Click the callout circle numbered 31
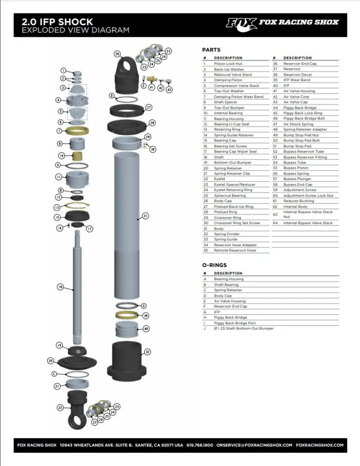(145, 216)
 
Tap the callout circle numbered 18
(60, 286)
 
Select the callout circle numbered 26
(117, 54)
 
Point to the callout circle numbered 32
(148, 352)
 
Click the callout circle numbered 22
(60, 407)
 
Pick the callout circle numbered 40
(146, 329)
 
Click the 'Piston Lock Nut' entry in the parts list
(228, 64)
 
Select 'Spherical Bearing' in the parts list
(229, 195)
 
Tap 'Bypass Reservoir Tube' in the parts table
(303, 152)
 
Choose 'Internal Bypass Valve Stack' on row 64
(308, 223)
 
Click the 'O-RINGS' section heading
(215, 265)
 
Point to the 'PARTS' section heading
(211, 50)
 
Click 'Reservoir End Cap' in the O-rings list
(230, 306)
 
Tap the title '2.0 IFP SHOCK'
(58, 22)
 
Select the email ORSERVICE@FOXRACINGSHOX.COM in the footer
(254, 445)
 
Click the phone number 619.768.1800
(200, 445)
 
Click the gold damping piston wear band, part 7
(78, 131)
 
